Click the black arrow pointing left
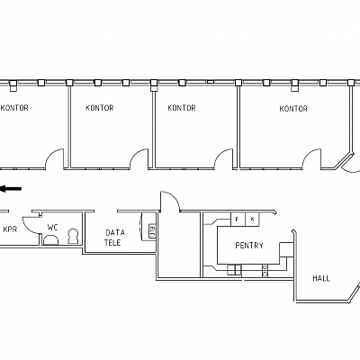(x=11, y=189)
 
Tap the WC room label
(x=52, y=228)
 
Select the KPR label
(x=10, y=229)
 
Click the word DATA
(x=115, y=232)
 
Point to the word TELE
(x=112, y=243)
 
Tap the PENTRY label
(x=249, y=246)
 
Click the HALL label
(x=321, y=278)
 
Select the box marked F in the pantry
(x=238, y=220)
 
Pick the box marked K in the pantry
(x=252, y=220)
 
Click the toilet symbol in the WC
(x=73, y=237)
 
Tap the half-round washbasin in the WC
(x=50, y=240)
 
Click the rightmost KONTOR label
(x=293, y=109)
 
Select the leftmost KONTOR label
(x=14, y=108)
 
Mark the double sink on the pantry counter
(x=234, y=270)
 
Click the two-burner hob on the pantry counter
(x=265, y=270)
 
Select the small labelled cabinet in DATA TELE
(x=152, y=231)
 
